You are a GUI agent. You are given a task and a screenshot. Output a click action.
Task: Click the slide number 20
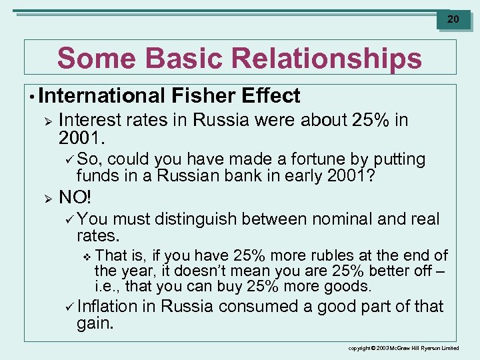(453, 19)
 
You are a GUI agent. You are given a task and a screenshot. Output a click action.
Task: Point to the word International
(99, 96)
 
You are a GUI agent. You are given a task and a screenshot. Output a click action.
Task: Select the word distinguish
(196, 219)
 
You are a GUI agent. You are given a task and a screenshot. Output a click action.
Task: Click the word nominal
(342, 219)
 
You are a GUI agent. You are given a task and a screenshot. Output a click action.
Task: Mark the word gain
(95, 323)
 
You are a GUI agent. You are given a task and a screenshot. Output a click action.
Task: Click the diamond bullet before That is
(85, 256)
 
